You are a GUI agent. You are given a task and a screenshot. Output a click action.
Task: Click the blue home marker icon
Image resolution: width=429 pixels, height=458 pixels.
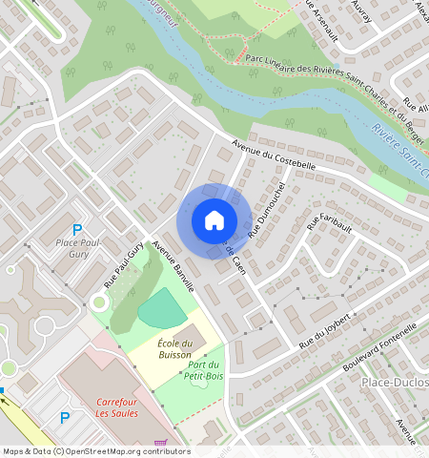coord(214,220)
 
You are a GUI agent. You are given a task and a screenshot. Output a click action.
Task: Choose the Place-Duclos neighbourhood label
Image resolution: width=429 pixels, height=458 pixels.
coord(394,382)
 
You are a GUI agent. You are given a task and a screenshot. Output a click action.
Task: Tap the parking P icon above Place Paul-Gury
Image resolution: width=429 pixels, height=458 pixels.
coord(78,230)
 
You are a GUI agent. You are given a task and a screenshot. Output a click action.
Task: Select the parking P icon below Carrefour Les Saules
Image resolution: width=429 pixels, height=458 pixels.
coord(65,418)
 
